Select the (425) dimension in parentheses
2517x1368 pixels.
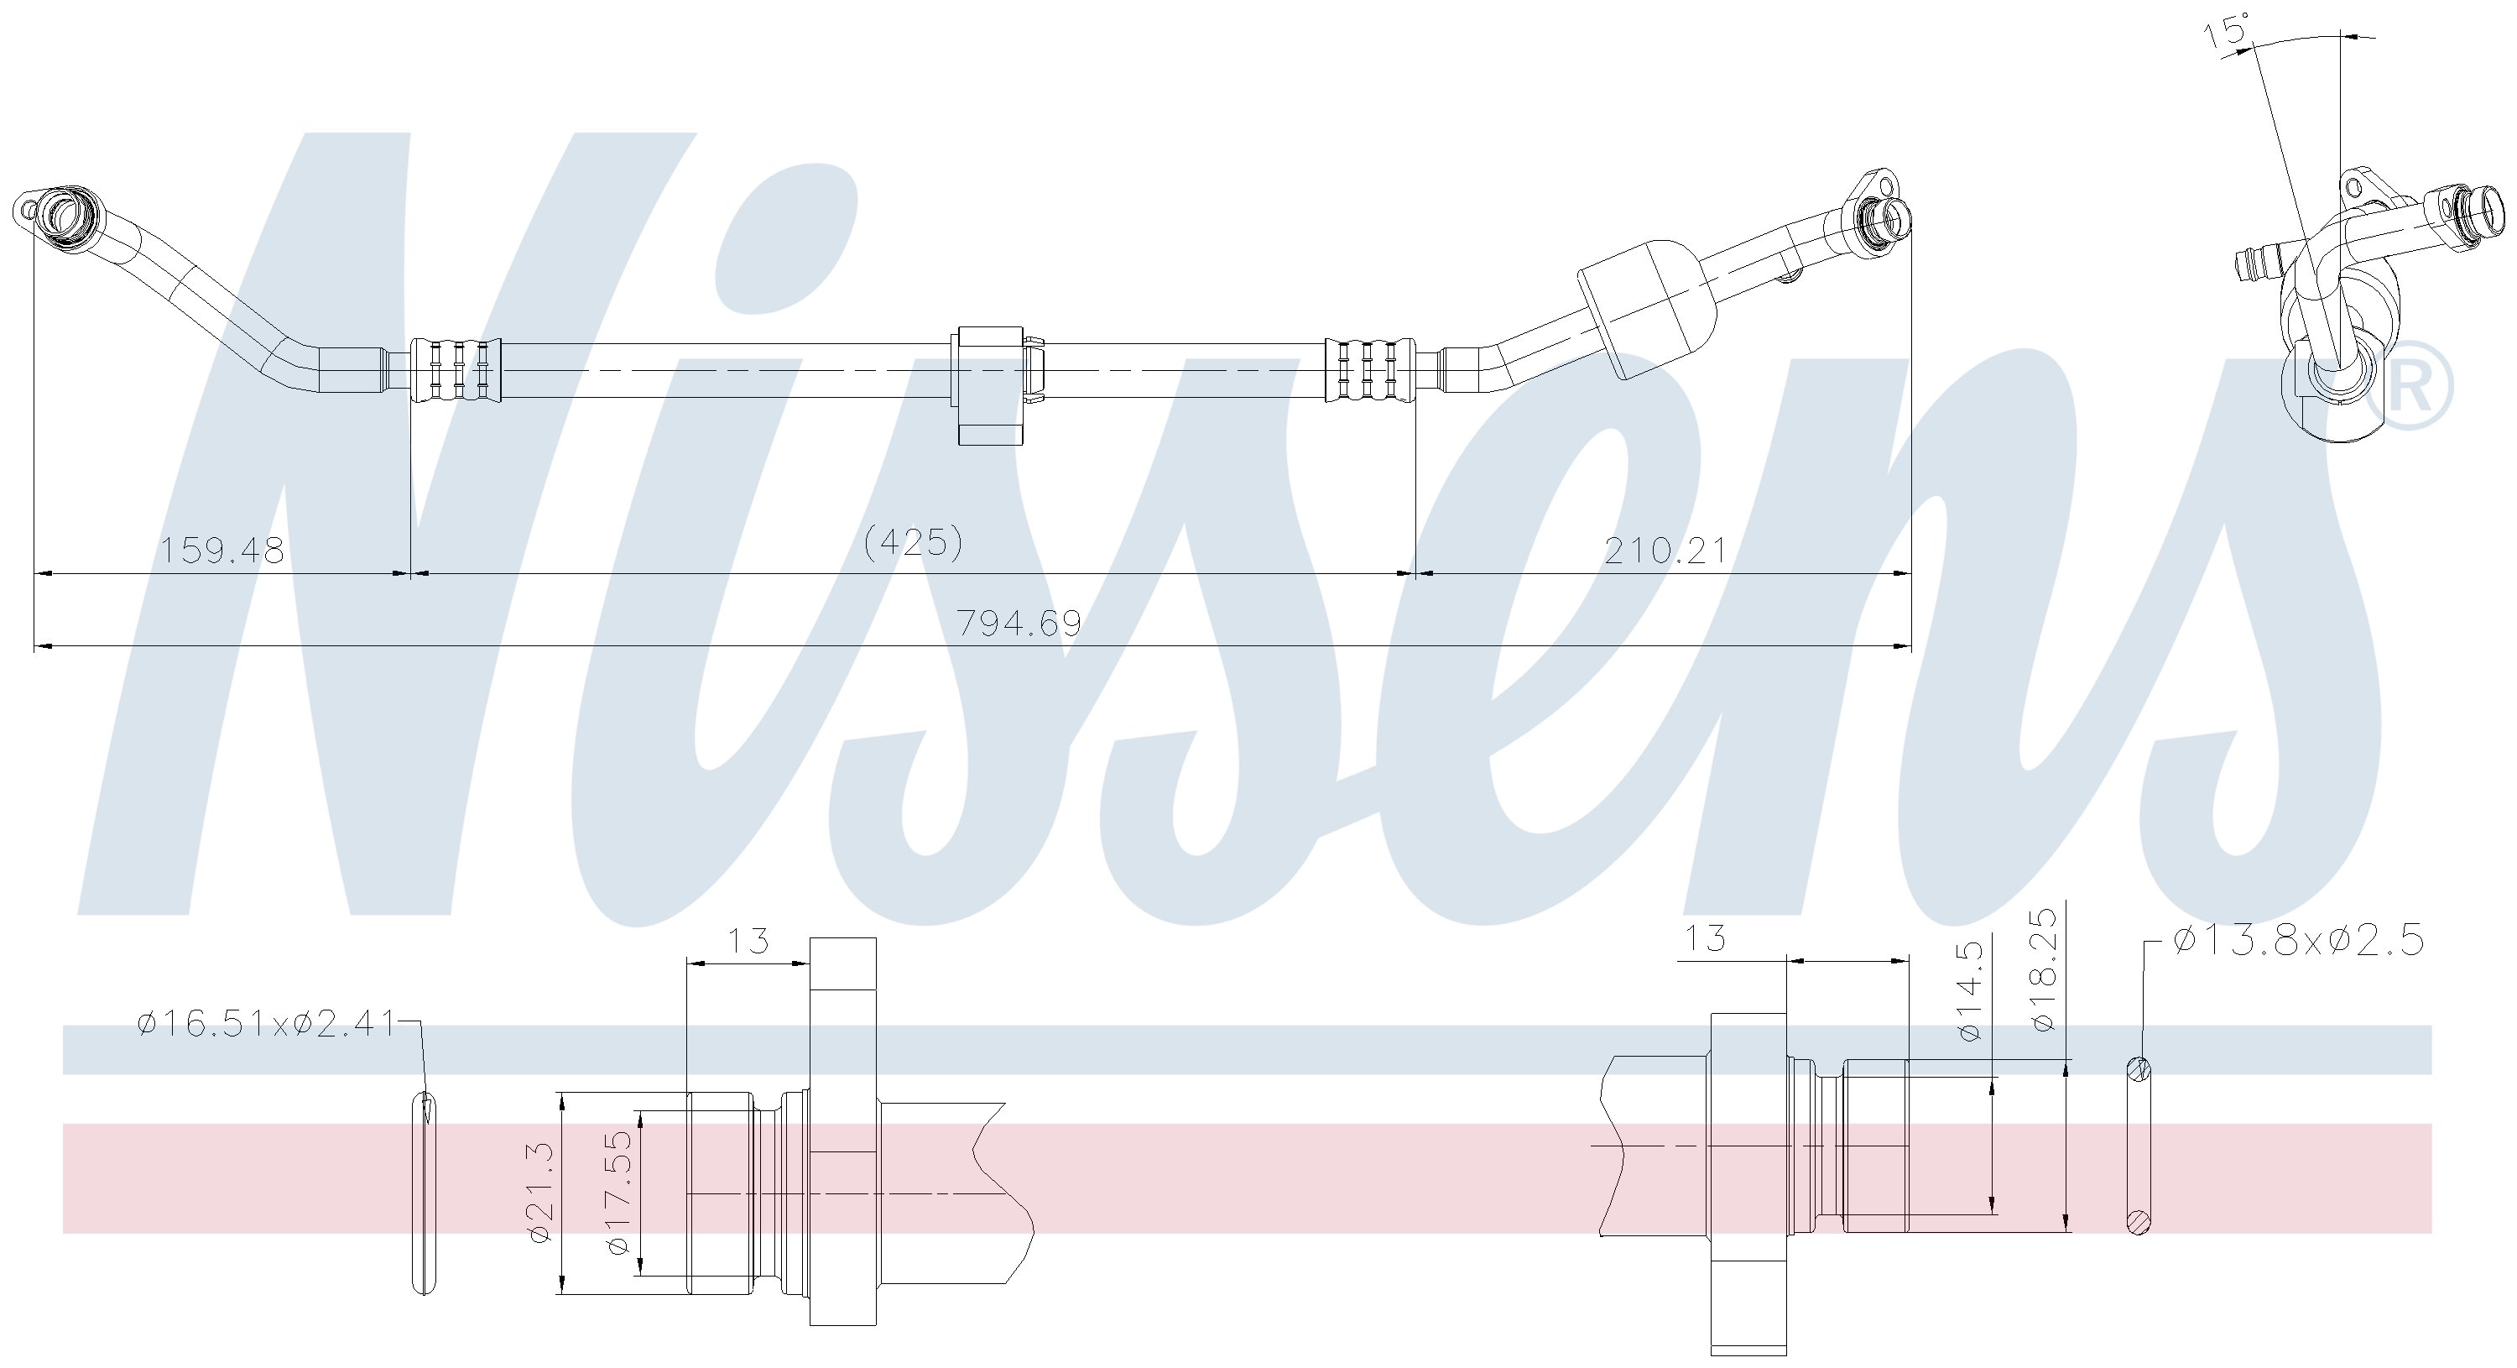pos(915,542)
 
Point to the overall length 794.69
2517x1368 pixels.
pos(1019,623)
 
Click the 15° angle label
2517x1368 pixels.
pos(2225,31)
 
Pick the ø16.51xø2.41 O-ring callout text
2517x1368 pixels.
pos(266,1024)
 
